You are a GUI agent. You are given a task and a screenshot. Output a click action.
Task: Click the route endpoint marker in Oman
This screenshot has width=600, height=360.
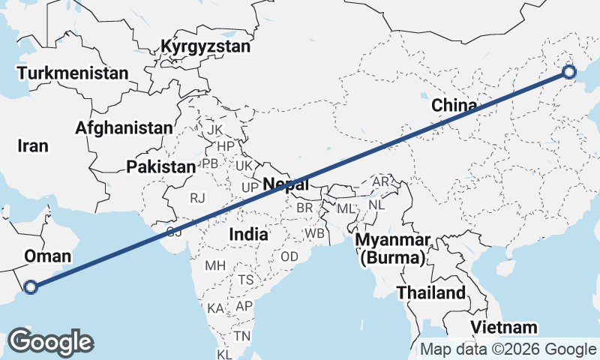[x=31, y=286]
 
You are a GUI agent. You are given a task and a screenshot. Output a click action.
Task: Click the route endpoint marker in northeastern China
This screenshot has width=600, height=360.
[x=568, y=72]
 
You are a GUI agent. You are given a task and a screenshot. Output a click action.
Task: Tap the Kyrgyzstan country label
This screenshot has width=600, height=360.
[x=205, y=46]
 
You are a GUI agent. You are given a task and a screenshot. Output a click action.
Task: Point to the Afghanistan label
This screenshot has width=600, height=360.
[x=124, y=127]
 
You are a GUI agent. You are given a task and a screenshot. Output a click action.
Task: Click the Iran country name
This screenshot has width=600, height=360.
[x=33, y=146]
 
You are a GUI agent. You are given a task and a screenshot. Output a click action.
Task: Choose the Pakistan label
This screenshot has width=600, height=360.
[x=160, y=166]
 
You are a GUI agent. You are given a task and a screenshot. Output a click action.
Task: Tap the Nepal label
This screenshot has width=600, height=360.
[x=286, y=184]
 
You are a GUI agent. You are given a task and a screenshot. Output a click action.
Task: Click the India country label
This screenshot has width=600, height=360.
[x=248, y=234]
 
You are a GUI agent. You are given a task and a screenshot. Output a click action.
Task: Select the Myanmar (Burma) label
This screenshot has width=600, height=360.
[x=393, y=250]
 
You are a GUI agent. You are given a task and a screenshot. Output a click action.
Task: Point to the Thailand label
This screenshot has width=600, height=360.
[x=430, y=292]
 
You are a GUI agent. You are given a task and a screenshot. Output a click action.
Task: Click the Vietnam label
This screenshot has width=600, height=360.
[x=505, y=327]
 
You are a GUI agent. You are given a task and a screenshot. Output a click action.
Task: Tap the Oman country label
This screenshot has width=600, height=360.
[x=48, y=256]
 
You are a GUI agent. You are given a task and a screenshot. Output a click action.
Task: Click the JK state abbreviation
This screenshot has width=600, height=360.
[x=215, y=130]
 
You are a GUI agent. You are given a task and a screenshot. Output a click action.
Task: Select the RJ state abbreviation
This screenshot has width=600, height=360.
[x=197, y=198]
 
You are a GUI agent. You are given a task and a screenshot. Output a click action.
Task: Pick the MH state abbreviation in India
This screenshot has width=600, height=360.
[x=215, y=265]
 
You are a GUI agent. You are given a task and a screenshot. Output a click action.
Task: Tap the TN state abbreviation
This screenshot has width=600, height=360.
[x=241, y=335]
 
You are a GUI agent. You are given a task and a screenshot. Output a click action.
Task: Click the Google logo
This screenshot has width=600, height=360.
[x=50, y=342]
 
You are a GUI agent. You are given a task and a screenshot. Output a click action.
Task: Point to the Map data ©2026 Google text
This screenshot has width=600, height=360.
[x=508, y=349]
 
